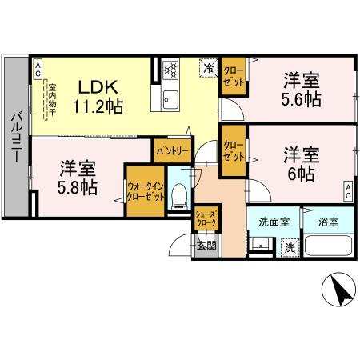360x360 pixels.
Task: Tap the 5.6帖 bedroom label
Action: (302, 90)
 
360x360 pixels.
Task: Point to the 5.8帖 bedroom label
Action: (78, 178)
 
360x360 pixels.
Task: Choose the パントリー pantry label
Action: (172, 150)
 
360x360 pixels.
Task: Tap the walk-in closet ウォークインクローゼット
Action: (145, 193)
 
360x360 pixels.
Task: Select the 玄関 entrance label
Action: (206, 245)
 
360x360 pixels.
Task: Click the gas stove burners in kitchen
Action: (170, 70)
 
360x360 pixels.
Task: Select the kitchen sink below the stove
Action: (170, 98)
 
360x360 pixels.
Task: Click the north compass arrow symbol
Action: (341, 290)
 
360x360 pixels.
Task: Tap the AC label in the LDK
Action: (37, 70)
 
